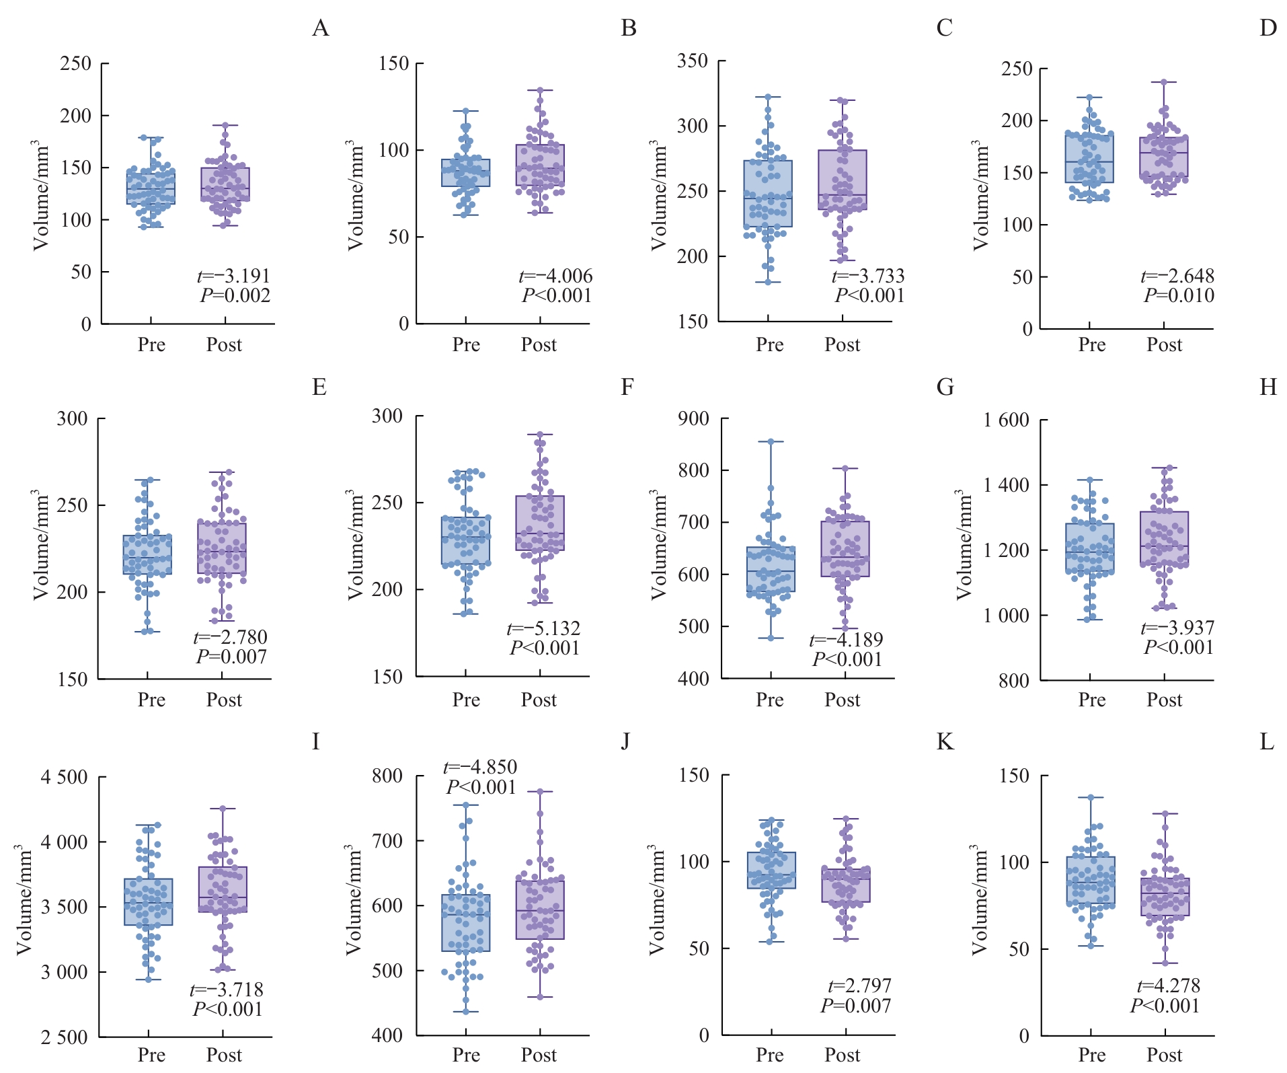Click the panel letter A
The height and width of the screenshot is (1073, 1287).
(321, 28)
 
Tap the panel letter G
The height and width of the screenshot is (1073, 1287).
(945, 387)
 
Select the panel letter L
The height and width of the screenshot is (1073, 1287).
(1267, 742)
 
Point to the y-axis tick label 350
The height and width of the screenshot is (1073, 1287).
(693, 61)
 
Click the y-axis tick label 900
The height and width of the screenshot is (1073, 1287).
(694, 419)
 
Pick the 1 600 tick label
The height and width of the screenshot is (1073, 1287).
(1006, 420)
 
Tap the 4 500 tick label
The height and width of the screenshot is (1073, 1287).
(64, 778)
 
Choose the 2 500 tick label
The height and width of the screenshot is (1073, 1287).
(64, 1037)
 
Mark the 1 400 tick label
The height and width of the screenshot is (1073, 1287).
(1006, 485)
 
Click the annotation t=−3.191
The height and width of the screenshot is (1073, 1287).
(233, 276)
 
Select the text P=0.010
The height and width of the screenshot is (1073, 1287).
(1179, 296)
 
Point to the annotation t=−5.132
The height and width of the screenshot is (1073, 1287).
(543, 629)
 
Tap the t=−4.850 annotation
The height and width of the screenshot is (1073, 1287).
(480, 768)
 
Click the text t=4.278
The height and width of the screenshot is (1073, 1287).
(1168, 986)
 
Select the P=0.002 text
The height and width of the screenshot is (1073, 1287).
(235, 296)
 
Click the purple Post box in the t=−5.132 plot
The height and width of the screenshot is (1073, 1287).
(540, 523)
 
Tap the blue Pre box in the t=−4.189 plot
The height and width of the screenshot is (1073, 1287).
(771, 569)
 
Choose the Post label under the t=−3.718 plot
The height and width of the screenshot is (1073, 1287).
(224, 1055)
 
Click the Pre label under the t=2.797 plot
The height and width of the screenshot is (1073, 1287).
(770, 1055)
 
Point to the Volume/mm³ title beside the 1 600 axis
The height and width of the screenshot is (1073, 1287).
(964, 545)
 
